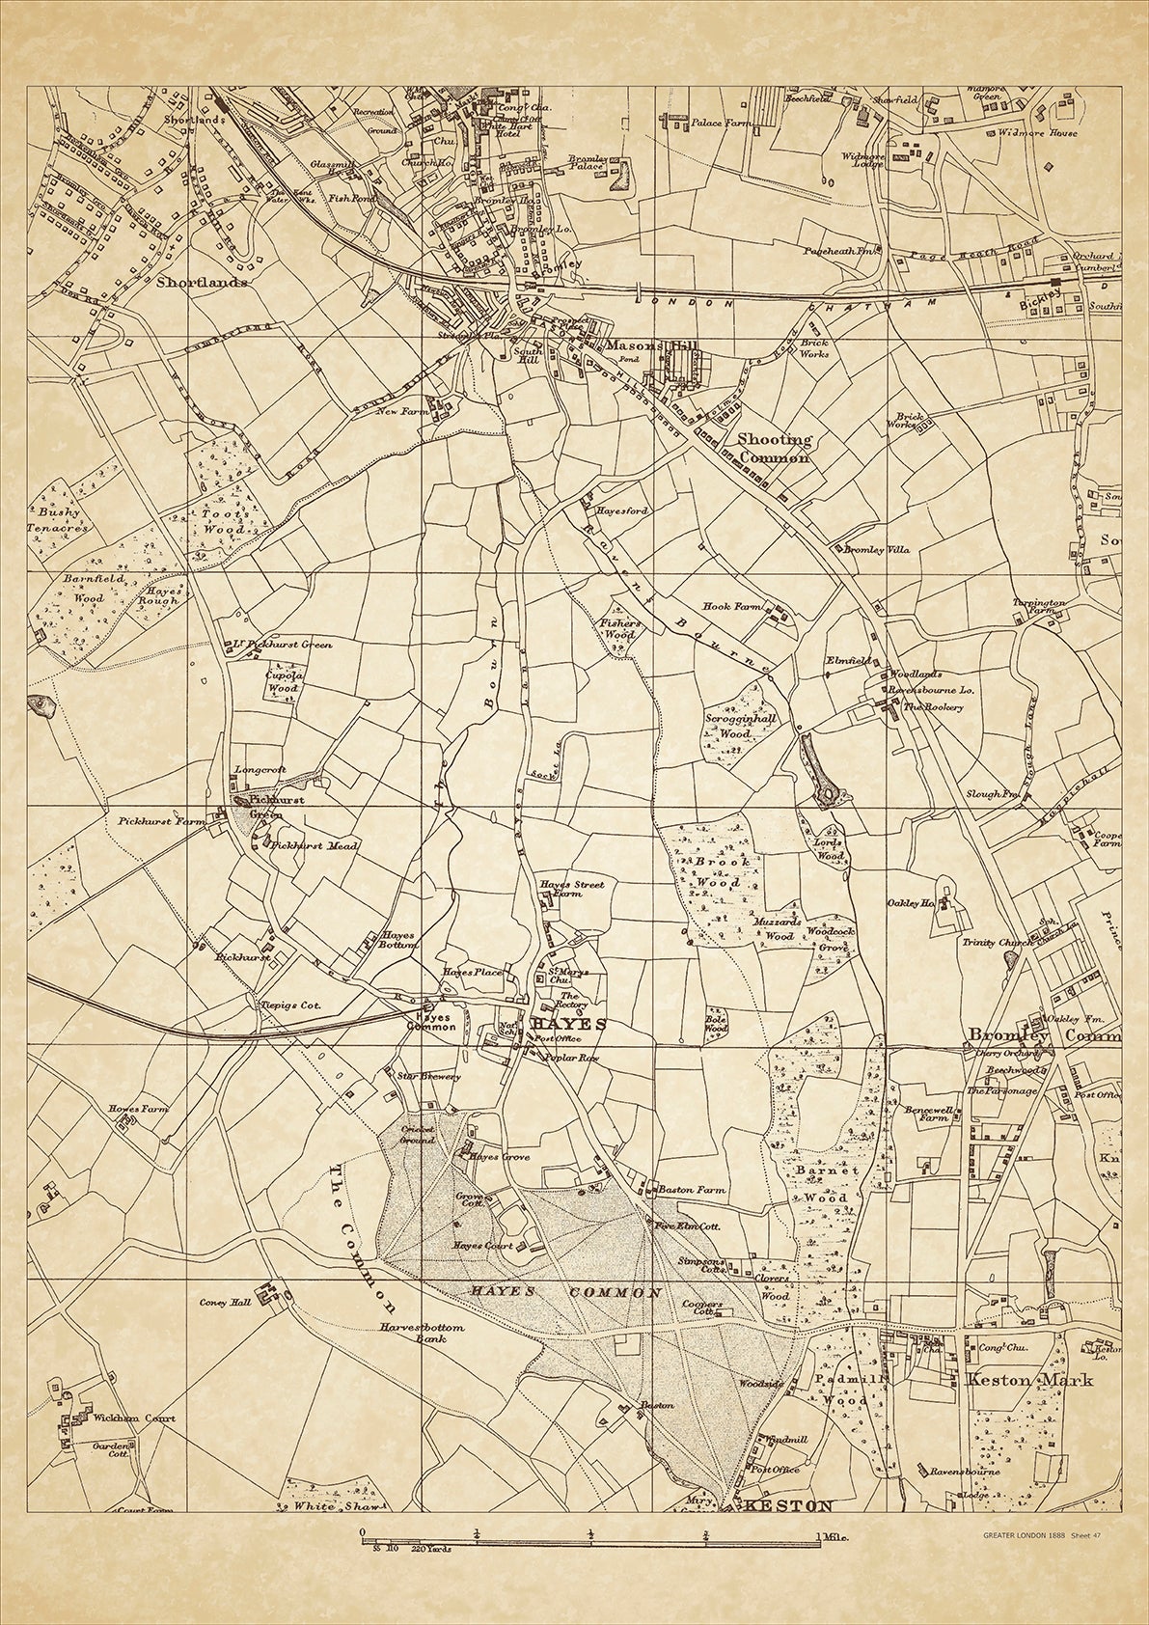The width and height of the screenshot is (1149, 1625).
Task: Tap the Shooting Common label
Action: click(775, 449)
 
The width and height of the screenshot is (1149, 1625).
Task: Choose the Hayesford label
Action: click(622, 510)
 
